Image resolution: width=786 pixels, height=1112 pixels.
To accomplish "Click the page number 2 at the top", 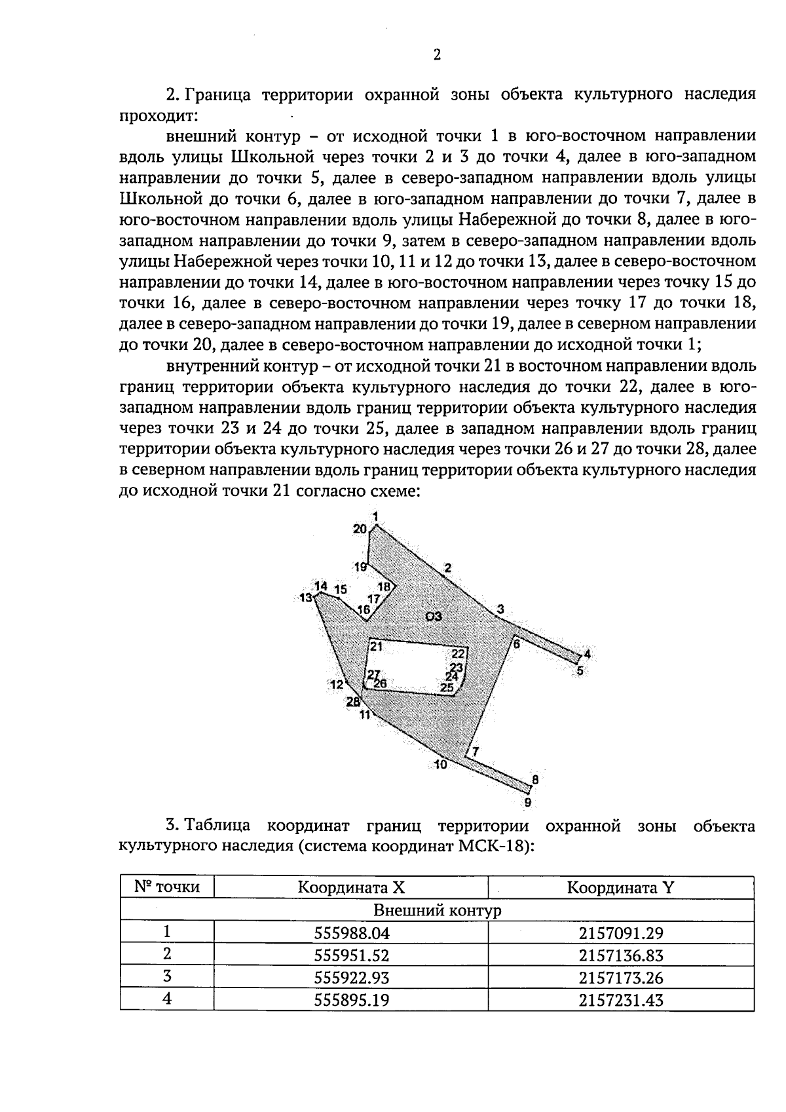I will pyautogui.click(x=437, y=55).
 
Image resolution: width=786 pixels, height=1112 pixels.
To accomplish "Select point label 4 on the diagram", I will pyautogui.click(x=587, y=654).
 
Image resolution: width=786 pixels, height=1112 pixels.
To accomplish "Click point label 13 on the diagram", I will pyautogui.click(x=306, y=598).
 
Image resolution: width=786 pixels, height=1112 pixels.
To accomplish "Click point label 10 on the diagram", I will pyautogui.click(x=440, y=764).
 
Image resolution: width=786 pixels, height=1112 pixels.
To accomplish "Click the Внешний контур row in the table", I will pyautogui.click(x=437, y=910).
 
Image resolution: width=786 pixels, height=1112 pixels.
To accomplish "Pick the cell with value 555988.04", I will pyautogui.click(x=351, y=933).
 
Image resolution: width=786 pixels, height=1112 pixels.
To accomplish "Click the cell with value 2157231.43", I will pyautogui.click(x=620, y=1000).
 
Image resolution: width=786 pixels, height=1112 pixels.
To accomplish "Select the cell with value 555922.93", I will pyautogui.click(x=351, y=978).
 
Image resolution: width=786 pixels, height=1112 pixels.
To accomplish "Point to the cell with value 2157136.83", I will pyautogui.click(x=620, y=955).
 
